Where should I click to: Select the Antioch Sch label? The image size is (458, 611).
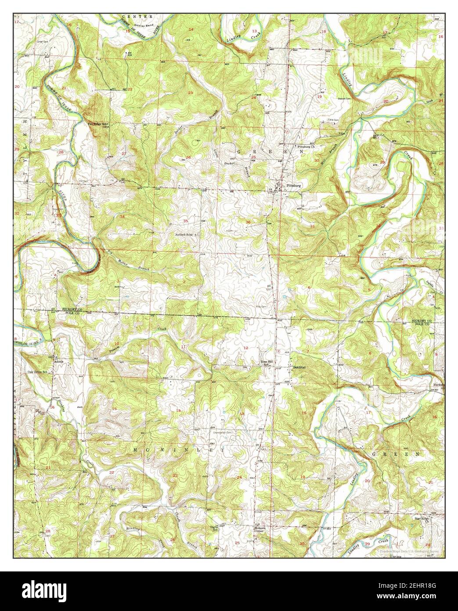tap(184, 235)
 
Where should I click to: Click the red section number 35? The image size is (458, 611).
tap(186, 221)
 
